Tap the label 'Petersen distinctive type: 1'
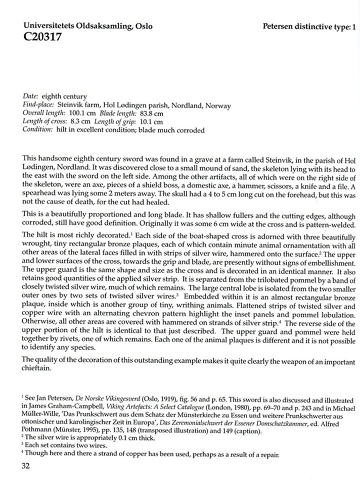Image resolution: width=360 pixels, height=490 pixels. pos(309,26)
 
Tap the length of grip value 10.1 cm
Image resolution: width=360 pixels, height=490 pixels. pos(151,122)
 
